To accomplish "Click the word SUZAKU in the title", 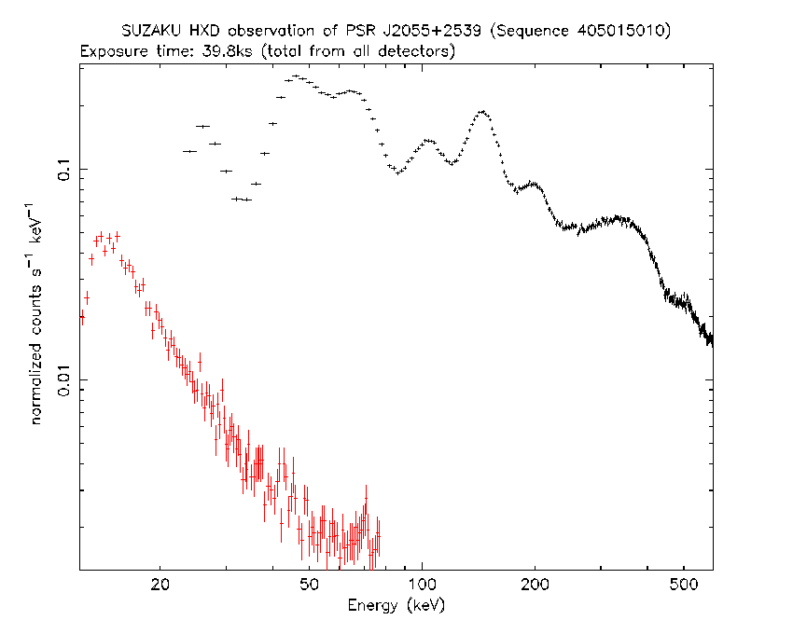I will point(150,32).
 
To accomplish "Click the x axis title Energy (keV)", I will point(396,604).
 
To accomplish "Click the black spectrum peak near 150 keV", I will point(482,112).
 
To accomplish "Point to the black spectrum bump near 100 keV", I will point(428,141).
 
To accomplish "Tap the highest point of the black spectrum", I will point(296,76).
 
